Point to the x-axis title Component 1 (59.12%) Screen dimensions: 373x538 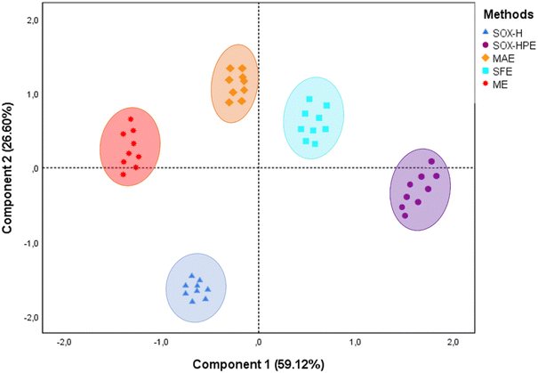pyautogui.click(x=258, y=362)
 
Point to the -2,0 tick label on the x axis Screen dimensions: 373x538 pyautogui.click(x=64, y=342)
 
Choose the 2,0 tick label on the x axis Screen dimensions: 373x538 pyautogui.click(x=453, y=342)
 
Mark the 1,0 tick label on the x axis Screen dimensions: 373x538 pyautogui.click(x=356, y=342)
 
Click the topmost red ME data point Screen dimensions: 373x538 pyautogui.click(x=131, y=119)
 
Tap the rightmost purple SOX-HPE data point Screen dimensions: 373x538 pyautogui.click(x=432, y=161)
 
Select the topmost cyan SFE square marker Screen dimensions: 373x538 pyautogui.click(x=309, y=99)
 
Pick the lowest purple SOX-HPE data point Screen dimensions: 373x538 pyautogui.click(x=405, y=215)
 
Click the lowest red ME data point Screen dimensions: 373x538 pyautogui.click(x=124, y=174)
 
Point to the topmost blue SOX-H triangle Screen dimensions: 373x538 pyautogui.click(x=192, y=275)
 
